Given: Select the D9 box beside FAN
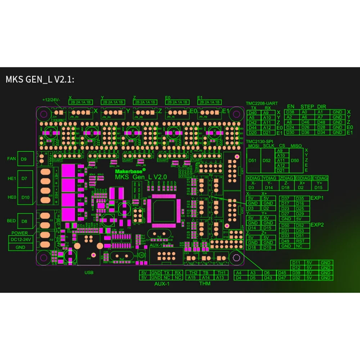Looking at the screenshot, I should point(24,158).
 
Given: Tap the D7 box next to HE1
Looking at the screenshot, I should point(24,179).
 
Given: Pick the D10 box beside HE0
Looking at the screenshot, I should point(24,197).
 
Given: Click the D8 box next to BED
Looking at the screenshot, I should point(24,221).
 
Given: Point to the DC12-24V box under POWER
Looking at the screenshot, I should point(21,240).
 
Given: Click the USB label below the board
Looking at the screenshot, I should point(89,273).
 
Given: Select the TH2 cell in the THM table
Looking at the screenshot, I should point(192,273).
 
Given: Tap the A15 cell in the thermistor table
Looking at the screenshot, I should point(192,278).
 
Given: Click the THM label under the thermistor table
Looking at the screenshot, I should point(205,284).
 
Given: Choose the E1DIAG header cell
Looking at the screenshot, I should point(320,178).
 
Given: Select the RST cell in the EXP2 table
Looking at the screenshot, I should point(300,241).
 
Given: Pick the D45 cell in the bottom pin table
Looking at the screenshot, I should point(282,273).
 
